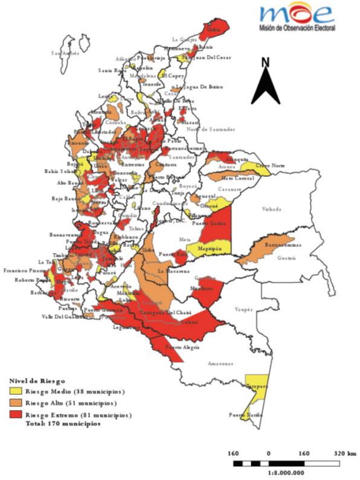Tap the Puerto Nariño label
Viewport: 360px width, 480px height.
point(243,415)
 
